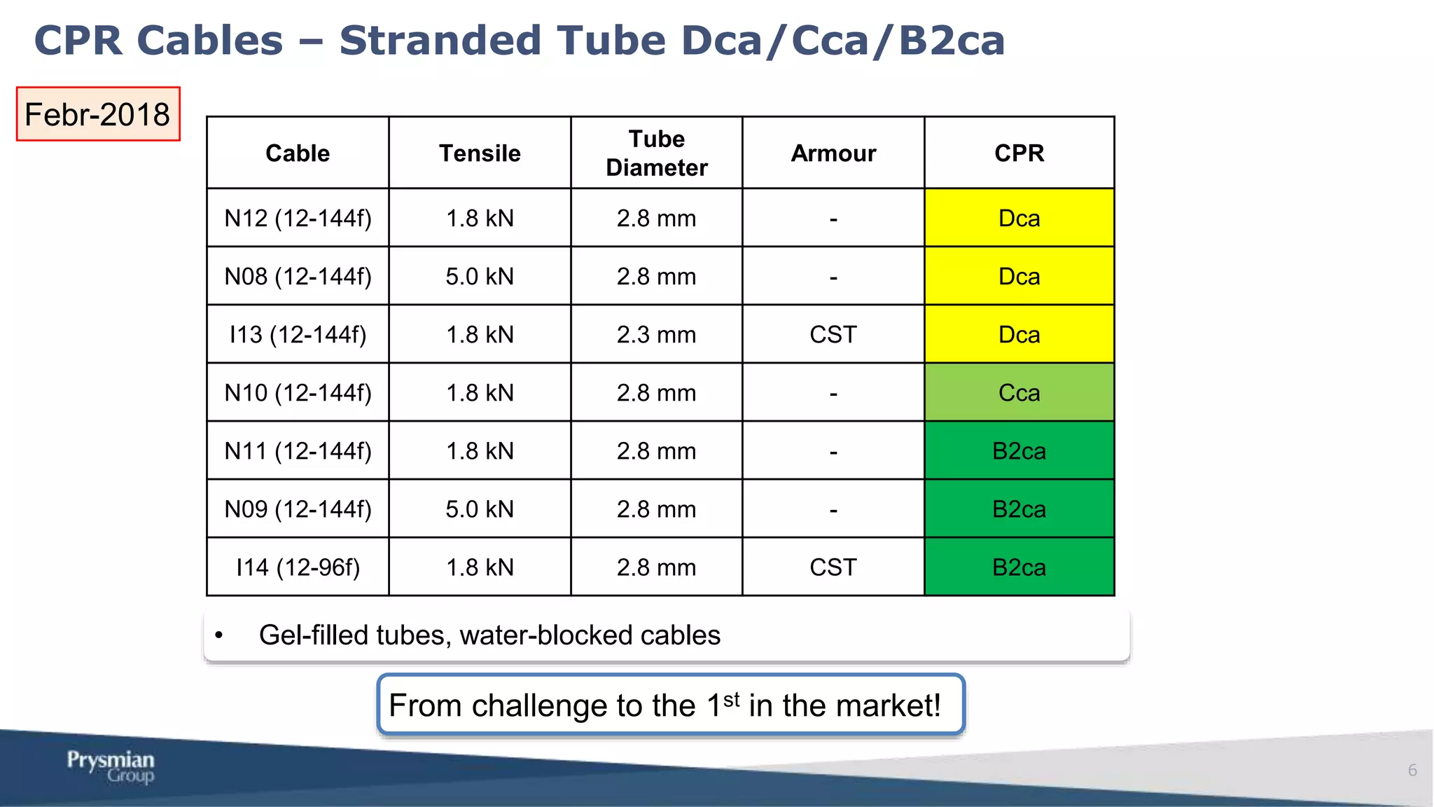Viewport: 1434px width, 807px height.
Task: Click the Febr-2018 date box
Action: (x=98, y=114)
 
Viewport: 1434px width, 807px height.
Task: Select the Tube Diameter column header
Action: (x=656, y=153)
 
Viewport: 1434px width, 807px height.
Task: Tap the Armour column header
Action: (x=833, y=153)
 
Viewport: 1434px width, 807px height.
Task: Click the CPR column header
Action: (x=1019, y=153)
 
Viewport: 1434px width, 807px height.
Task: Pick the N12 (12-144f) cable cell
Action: (x=298, y=219)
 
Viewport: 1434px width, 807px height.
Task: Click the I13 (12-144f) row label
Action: (x=298, y=335)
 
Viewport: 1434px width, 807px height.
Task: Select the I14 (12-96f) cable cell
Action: (x=298, y=567)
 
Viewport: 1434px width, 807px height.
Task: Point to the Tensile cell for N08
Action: (x=480, y=277)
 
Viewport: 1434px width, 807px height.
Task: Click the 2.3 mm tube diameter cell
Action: (x=656, y=335)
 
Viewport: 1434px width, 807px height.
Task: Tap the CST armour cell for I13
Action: (x=833, y=335)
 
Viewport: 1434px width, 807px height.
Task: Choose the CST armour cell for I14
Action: (x=833, y=567)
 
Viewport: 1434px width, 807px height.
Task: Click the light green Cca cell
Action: (x=1019, y=393)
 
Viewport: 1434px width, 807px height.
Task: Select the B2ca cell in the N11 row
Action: (x=1019, y=451)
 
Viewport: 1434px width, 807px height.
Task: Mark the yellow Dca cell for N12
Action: (x=1019, y=219)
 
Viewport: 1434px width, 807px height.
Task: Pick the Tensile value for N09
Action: (x=480, y=509)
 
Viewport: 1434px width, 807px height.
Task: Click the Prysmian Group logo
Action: (x=111, y=766)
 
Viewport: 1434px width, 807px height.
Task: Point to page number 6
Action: (x=1412, y=771)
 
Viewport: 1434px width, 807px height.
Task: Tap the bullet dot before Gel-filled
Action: (x=219, y=635)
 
